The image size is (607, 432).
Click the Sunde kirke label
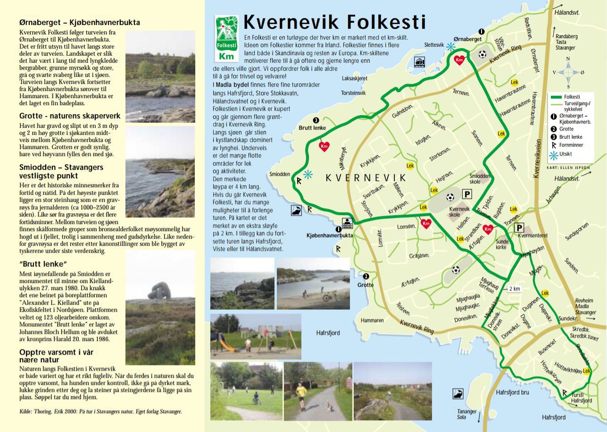point(502,244)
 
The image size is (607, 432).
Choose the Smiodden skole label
point(480,178)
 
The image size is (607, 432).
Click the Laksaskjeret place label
point(354,79)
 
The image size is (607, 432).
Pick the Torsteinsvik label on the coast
point(353,93)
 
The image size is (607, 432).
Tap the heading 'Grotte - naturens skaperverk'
point(70,116)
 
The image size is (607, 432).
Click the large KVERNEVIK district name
point(366,177)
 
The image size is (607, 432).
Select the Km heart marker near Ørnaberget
point(459,60)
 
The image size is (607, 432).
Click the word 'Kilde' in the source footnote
point(25,411)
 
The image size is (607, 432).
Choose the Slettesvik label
point(434,45)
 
